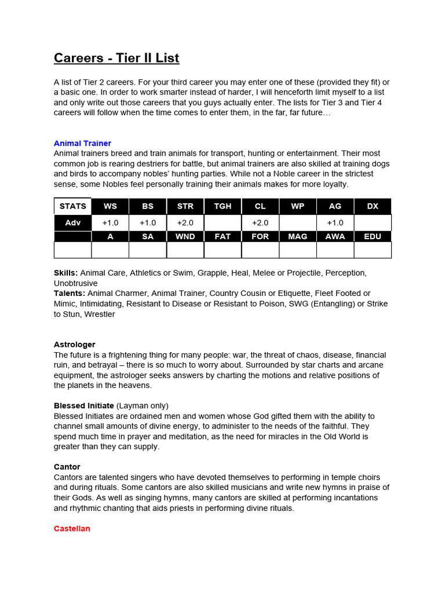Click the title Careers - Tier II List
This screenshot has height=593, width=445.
click(x=116, y=58)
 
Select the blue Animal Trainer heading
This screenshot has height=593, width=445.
click(x=82, y=143)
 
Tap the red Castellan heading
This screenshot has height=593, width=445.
click(x=72, y=528)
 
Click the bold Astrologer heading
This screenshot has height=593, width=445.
click(x=74, y=344)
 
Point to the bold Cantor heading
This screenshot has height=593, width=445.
click(x=67, y=466)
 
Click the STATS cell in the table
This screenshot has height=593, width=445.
click(x=72, y=206)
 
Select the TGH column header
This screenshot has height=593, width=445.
click(x=222, y=206)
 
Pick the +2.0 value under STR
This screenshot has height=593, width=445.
click(x=185, y=223)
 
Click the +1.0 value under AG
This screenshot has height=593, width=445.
click(x=335, y=223)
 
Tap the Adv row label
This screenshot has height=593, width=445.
click(x=72, y=223)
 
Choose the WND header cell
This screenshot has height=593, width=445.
click(x=185, y=236)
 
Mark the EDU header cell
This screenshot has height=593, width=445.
click(x=373, y=236)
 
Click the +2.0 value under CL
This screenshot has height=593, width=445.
click(x=260, y=223)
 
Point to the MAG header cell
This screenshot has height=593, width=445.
click(x=297, y=236)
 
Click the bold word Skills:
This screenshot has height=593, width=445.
click(x=65, y=273)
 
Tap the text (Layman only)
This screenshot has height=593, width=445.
click(x=143, y=405)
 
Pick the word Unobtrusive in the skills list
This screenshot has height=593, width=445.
click(x=76, y=283)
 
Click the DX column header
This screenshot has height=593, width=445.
click(x=373, y=206)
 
